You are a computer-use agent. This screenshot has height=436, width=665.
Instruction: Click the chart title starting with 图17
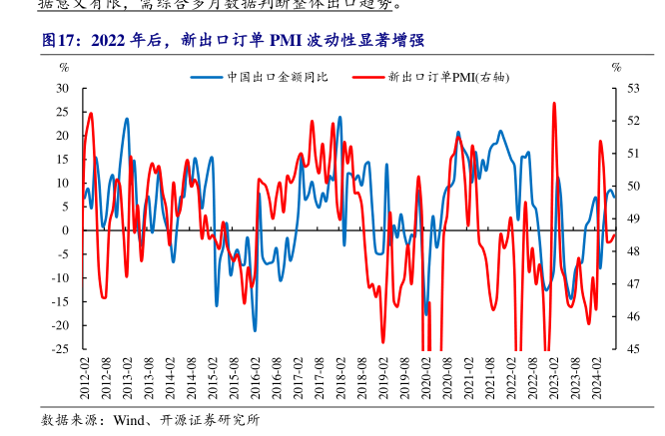(x=235, y=41)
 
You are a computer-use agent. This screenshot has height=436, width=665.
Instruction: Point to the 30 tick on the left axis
(x=62, y=88)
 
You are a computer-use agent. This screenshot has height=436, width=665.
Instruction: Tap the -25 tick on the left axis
(x=60, y=349)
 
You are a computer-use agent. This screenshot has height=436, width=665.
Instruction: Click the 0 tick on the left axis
(x=65, y=230)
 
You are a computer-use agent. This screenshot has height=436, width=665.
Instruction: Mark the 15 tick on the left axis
(x=62, y=159)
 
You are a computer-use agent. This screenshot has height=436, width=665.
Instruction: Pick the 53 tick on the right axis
(x=633, y=88)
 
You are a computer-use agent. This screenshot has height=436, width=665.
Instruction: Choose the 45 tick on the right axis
(x=633, y=349)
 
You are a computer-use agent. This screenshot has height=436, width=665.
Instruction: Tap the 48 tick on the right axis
(x=633, y=251)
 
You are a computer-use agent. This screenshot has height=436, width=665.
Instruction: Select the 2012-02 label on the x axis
(x=86, y=378)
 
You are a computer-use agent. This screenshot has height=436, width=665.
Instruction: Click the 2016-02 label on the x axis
(x=256, y=378)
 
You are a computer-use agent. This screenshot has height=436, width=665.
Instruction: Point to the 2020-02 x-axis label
(x=426, y=378)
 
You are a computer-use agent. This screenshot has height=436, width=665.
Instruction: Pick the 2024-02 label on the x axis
(x=596, y=378)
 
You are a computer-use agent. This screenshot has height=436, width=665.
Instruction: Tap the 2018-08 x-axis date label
(x=362, y=378)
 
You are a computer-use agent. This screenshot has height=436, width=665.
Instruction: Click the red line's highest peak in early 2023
(x=554, y=103)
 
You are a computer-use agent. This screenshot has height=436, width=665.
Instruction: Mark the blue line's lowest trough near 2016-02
(x=255, y=330)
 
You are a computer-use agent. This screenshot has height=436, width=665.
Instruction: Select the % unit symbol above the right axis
(x=616, y=67)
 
